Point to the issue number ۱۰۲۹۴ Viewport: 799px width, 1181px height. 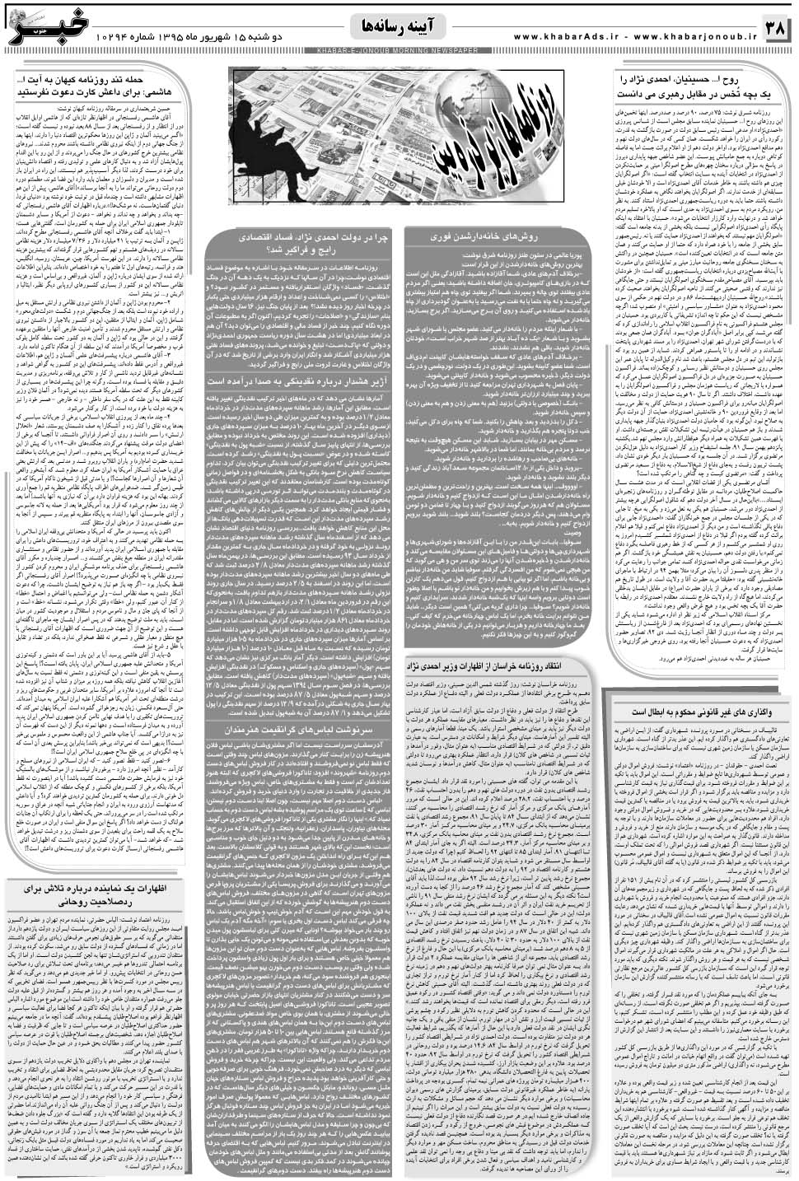pyautogui.click(x=144, y=37)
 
